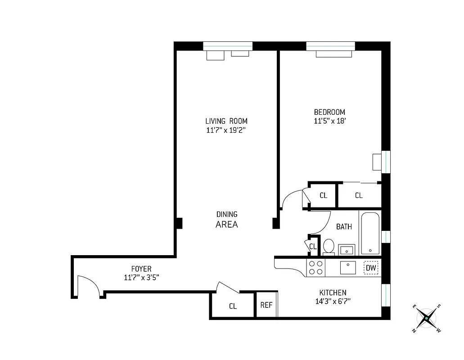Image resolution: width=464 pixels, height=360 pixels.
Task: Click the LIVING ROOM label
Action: click(226, 121)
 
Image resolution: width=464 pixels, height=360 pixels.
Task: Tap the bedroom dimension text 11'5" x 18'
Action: click(329, 121)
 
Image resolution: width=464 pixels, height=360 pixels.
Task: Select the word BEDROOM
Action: click(329, 112)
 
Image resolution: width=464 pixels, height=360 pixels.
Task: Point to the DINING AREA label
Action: click(227, 220)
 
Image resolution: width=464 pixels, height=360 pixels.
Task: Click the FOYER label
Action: click(141, 269)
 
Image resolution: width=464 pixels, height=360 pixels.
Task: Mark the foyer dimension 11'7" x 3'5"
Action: click(141, 278)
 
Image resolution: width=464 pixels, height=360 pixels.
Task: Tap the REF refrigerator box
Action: click(266, 305)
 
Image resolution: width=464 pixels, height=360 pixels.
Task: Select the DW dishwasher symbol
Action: click(371, 268)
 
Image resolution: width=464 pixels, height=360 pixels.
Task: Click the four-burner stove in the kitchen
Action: click(315, 268)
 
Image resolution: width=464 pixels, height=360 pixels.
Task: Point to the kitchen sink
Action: click(348, 267)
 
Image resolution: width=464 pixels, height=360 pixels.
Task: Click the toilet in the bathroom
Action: click(328, 247)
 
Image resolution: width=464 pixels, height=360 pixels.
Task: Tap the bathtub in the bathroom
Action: click(370, 233)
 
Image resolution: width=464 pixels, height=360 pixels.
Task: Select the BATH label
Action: click(344, 227)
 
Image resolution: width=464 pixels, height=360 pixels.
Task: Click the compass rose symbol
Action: click(426, 319)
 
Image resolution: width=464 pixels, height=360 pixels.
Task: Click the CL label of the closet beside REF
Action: click(233, 306)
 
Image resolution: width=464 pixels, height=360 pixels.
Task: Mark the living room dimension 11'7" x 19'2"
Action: click(226, 130)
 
